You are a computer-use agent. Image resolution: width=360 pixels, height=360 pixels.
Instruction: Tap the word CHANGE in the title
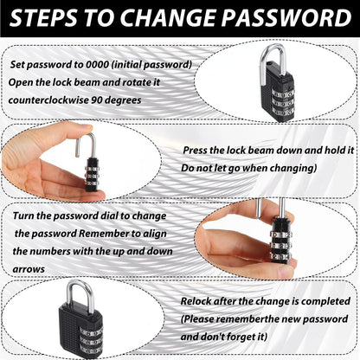pyautogui.click(x=169, y=18)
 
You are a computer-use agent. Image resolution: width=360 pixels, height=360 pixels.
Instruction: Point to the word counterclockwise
pyautogui.click(x=48, y=100)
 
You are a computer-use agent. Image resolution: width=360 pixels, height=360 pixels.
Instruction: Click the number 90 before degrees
pyautogui.click(x=97, y=100)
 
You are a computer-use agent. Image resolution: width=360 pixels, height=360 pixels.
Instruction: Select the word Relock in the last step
pyautogui.click(x=196, y=301)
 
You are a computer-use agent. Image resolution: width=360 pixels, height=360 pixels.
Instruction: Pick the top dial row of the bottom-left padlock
pyautogui.click(x=91, y=331)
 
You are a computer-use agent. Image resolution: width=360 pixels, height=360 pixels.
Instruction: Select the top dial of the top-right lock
pyautogui.click(x=283, y=93)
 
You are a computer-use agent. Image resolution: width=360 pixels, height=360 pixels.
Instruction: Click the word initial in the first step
pyautogui.click(x=126, y=64)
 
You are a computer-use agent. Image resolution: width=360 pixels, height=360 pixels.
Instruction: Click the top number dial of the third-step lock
pyautogui.click(x=281, y=235)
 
